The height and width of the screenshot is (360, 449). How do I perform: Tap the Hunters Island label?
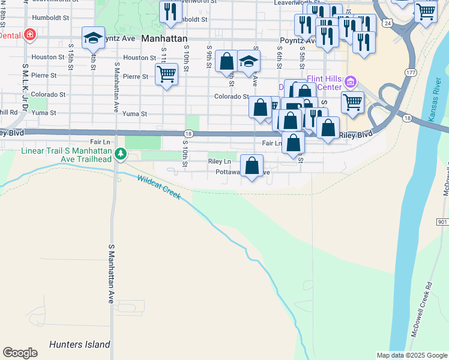tap(80, 344)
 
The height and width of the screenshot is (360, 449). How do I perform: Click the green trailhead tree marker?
tap(121, 154)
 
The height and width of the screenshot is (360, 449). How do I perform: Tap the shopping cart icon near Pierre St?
tap(166, 74)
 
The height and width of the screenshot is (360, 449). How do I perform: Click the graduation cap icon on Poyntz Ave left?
tap(93, 38)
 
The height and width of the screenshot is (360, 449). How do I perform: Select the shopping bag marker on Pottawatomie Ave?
tap(252, 165)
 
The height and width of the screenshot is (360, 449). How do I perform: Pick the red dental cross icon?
tap(29, 35)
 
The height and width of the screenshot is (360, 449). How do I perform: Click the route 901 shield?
tap(442, 222)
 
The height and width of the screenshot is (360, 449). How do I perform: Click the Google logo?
tap(20, 353)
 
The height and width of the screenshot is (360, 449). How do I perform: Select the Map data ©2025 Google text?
tap(411, 355)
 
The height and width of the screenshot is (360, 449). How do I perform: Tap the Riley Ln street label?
tap(219, 161)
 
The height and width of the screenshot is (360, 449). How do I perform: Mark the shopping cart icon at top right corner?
tap(426, 10)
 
